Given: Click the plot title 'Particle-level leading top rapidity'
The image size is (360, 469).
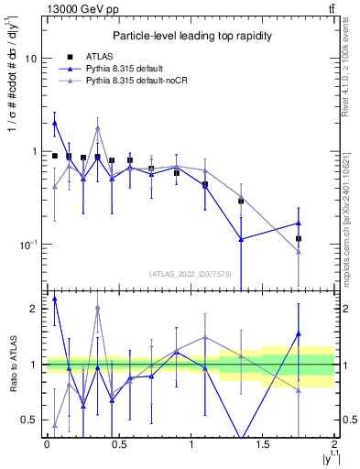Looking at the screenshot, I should click(x=190, y=36).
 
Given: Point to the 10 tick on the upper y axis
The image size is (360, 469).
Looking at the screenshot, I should click(x=30, y=59).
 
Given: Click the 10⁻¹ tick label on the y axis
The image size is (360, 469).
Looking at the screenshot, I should click(x=27, y=245).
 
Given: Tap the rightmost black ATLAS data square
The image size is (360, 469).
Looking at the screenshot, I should click(x=299, y=239).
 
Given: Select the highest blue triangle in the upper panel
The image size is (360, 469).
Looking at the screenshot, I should click(x=55, y=122).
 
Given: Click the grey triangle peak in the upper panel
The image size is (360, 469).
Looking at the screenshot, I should click(x=98, y=127).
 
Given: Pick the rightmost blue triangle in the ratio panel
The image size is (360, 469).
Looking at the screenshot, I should click(x=299, y=333).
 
